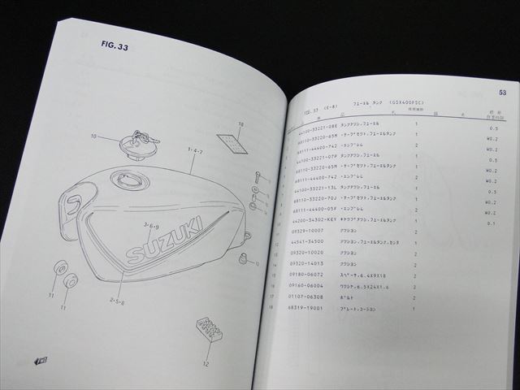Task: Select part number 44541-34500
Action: [x=307, y=243]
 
